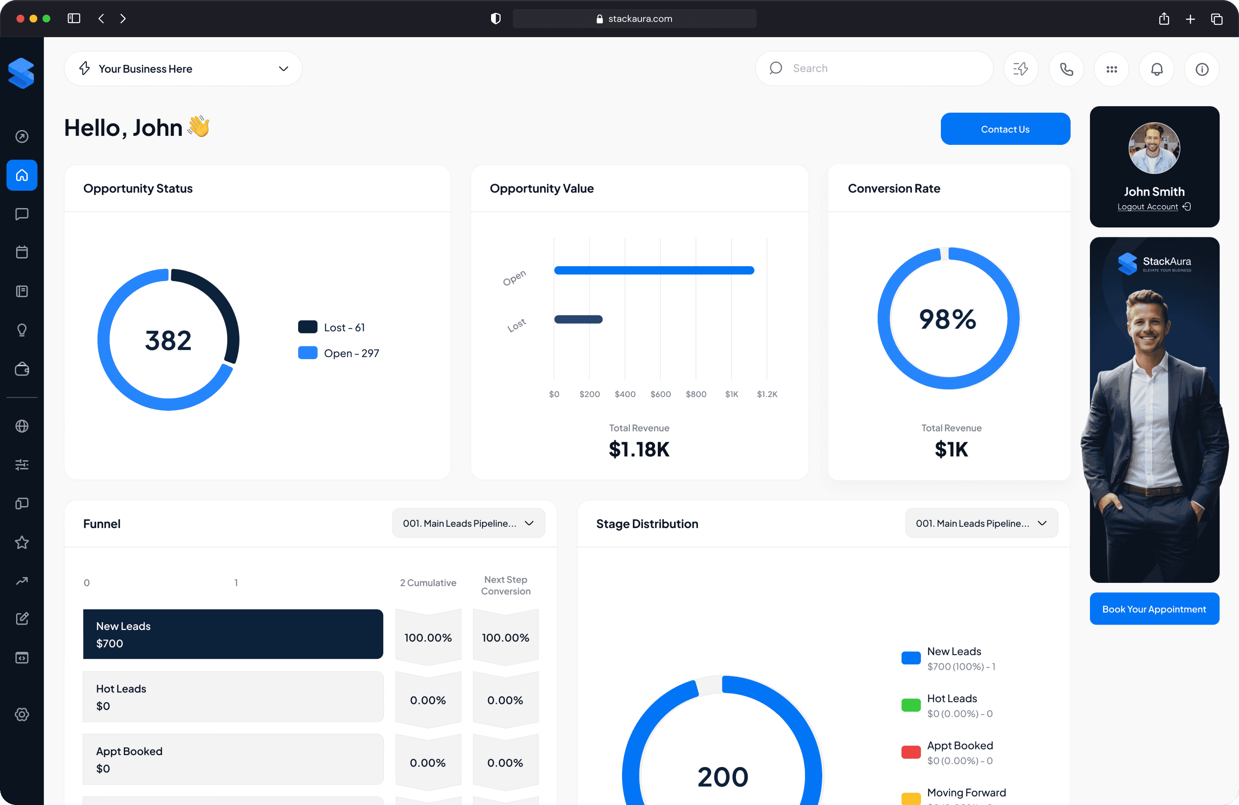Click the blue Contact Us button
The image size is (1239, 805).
pos(1005,129)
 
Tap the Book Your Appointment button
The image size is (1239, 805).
pos(1154,609)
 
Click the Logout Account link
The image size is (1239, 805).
pos(1147,206)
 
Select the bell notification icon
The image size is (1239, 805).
pos(1156,69)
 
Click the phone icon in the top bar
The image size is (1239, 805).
pos(1066,69)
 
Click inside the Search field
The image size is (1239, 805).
pos(880,69)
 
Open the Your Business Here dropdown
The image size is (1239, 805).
pos(183,69)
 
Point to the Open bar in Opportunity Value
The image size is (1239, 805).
pos(654,270)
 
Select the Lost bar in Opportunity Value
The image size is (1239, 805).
pos(578,319)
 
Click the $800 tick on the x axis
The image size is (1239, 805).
pos(695,394)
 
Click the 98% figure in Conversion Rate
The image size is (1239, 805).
pos(947,319)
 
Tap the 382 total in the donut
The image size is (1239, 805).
pos(168,340)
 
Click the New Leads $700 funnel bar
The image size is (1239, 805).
pos(233,634)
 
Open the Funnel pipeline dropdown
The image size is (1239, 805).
pos(468,523)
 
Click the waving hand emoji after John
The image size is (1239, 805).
pos(198,126)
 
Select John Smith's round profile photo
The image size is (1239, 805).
pos(1154,148)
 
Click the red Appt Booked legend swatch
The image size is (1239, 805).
pos(911,752)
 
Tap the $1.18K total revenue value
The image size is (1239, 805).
pos(639,449)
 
